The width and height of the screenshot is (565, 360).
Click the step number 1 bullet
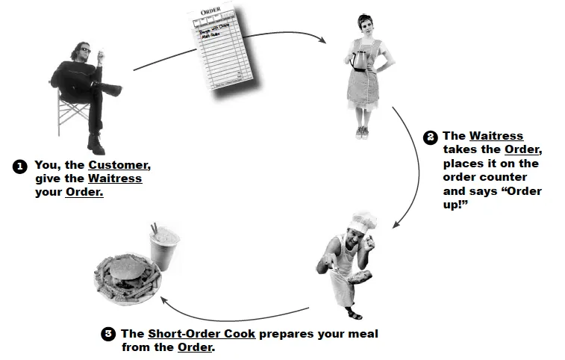[x=20, y=166]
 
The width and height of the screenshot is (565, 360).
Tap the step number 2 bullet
[x=430, y=137]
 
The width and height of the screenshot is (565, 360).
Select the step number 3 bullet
[x=107, y=334]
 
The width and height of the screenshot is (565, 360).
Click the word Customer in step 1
[x=119, y=165]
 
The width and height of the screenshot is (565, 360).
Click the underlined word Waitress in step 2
[x=496, y=136]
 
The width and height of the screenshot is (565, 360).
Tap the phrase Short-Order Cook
[x=202, y=334]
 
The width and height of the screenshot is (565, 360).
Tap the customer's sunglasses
[x=84, y=50]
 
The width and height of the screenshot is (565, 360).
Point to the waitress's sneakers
[x=362, y=132]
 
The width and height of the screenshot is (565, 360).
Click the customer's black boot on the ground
[x=96, y=143]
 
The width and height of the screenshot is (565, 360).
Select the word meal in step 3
[x=362, y=334]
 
